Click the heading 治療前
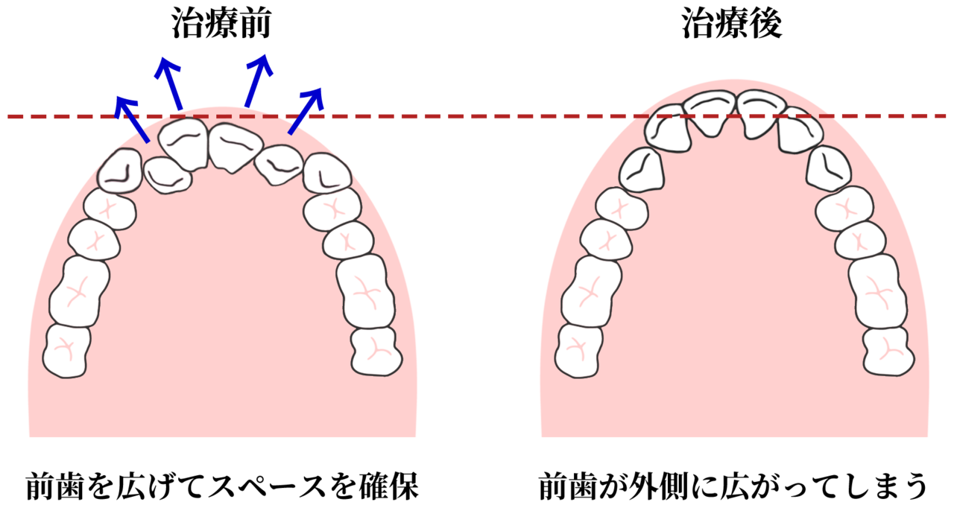[222, 25]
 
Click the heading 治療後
[732, 25]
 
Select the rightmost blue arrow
[306, 111]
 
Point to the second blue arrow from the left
[168, 83]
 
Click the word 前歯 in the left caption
[54, 486]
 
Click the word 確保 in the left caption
[389, 486]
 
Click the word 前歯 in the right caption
[568, 486]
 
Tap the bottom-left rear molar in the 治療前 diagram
[66, 351]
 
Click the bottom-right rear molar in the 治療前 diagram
[376, 352]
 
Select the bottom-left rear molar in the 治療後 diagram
[579, 351]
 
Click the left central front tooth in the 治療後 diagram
[710, 112]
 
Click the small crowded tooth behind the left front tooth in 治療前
[168, 175]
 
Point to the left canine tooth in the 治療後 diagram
[642, 169]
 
